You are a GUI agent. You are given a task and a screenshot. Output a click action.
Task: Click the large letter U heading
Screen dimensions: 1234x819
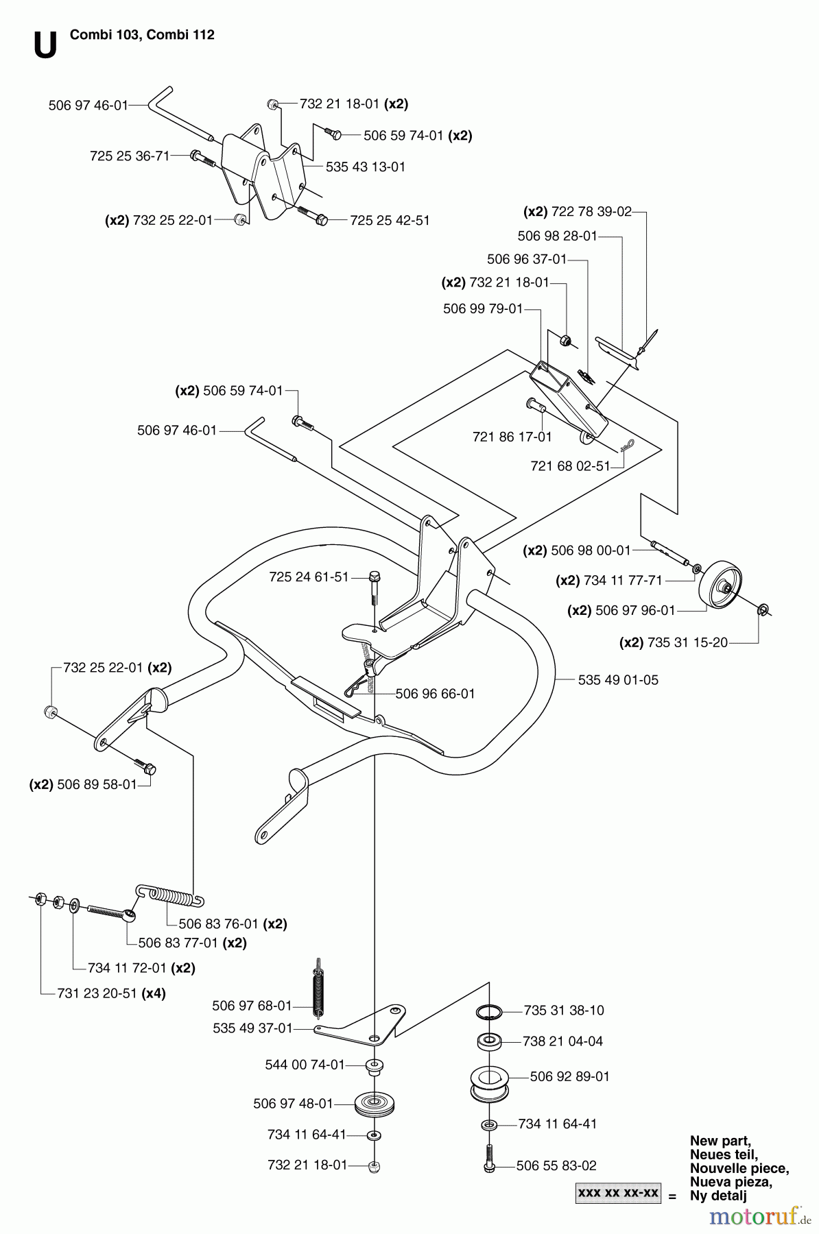point(45,45)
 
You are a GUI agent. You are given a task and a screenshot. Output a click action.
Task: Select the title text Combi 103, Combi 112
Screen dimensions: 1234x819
point(142,35)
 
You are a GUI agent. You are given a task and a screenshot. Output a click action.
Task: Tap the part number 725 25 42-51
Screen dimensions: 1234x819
point(390,220)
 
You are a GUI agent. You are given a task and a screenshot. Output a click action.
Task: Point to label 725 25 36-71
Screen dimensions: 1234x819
point(130,156)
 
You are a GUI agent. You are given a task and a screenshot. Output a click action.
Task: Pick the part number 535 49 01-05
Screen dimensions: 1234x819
point(618,680)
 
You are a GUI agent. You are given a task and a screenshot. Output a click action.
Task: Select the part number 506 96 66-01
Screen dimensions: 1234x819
point(435,694)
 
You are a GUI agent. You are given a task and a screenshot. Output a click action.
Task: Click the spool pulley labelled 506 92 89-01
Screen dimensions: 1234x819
point(489,1081)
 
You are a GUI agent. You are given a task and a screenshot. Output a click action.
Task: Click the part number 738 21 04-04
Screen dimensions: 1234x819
point(562,1041)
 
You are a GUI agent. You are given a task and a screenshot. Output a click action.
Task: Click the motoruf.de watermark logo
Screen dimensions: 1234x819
point(759,1215)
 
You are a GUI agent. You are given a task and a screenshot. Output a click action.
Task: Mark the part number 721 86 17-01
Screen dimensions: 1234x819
point(512,437)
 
